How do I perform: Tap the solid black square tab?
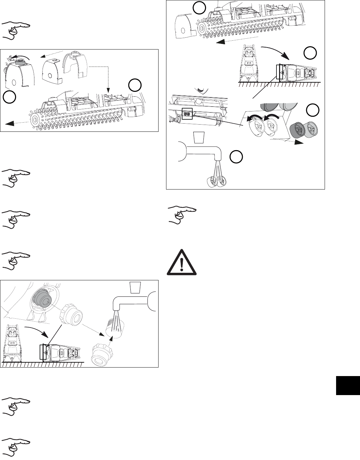pos(347,386)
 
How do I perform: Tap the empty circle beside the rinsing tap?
pos(236,157)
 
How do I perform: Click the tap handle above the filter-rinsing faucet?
pos(135,287)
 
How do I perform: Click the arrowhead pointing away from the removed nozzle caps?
pos(298,142)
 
